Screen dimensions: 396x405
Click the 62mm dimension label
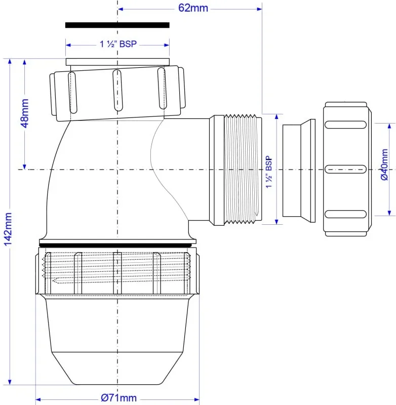(x=193, y=8)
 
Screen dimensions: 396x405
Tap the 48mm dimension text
(x=25, y=113)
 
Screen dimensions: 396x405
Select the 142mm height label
(x=8, y=229)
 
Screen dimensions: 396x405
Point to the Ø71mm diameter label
(x=119, y=398)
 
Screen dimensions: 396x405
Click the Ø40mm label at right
(x=384, y=165)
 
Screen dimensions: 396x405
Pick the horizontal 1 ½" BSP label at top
(x=118, y=44)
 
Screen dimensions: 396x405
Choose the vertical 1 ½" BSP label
(x=269, y=172)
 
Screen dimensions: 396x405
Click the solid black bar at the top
(x=117, y=25)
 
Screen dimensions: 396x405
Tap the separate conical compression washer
(x=299, y=171)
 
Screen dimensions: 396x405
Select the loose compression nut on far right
(x=347, y=169)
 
